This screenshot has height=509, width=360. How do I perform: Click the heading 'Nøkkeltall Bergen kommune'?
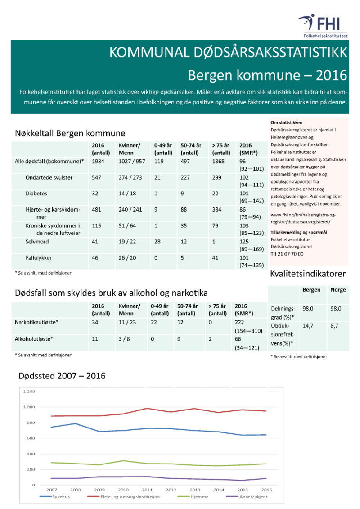[70, 133]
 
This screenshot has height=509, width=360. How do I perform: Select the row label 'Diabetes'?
[36, 194]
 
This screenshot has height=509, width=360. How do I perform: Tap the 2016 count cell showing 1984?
[99, 161]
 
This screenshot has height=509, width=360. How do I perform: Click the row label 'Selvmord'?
[37, 242]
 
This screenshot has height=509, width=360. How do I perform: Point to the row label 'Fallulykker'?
[39, 258]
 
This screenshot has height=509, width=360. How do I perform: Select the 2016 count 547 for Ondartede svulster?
[97, 177]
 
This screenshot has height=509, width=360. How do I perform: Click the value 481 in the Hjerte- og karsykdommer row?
[97, 209]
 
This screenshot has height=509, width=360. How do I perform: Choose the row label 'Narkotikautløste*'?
[37, 322]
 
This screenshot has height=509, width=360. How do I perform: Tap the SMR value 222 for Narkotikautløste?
[239, 322]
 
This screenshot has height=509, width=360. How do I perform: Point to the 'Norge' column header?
[338, 290]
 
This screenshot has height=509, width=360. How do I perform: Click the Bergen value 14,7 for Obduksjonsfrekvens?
[308, 326]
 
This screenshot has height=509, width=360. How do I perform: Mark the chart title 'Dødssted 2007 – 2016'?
[62, 375]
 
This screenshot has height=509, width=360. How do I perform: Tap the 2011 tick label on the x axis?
[147, 490]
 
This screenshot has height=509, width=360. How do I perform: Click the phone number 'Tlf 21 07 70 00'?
[287, 254]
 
